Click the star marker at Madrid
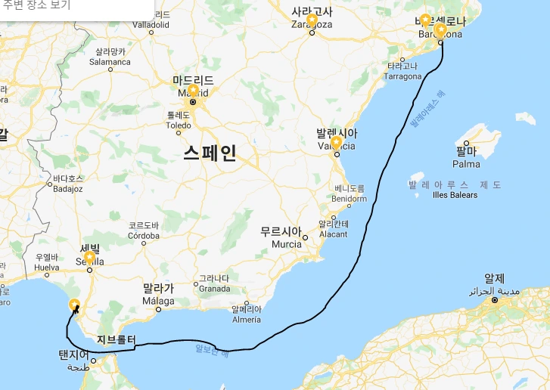tap(193, 91)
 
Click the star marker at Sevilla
tap(90, 258)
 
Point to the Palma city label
tap(466, 164)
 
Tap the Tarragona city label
tap(402, 76)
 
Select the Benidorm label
tap(349, 199)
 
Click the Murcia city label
tap(287, 245)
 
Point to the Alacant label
tap(334, 234)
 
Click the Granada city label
tap(214, 288)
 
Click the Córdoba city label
tap(144, 235)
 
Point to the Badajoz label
tap(67, 189)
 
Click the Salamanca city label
tap(110, 62)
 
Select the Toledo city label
tap(179, 125)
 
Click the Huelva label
tap(47, 268)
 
